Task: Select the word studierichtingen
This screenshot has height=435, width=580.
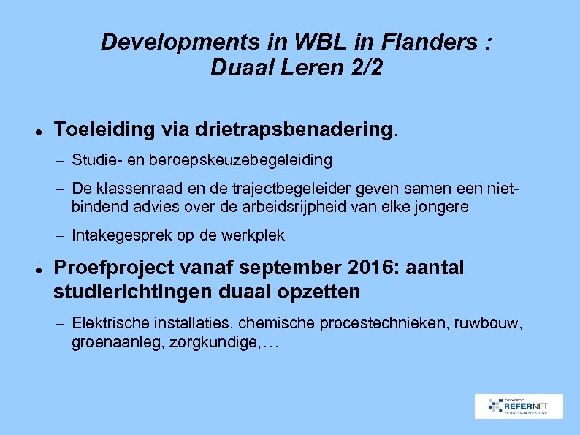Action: (x=131, y=292)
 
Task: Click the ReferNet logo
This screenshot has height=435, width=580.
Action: (x=519, y=406)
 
